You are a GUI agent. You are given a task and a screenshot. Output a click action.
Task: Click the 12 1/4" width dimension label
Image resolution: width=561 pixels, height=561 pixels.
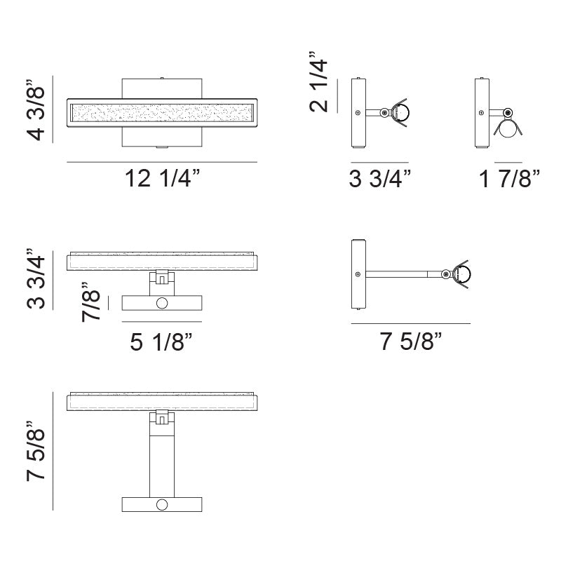click(x=162, y=178)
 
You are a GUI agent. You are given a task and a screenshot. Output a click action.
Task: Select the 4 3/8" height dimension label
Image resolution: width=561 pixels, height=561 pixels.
click(x=36, y=113)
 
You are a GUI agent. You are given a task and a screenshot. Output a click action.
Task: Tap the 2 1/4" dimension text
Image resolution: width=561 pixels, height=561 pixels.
click(x=318, y=81)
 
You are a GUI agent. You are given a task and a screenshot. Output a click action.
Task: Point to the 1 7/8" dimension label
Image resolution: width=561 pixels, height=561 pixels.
click(x=509, y=178)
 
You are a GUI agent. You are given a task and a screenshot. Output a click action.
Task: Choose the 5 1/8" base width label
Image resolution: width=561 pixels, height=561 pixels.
click(x=161, y=342)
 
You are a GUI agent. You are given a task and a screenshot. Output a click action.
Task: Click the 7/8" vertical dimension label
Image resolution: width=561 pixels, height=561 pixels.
click(x=91, y=302)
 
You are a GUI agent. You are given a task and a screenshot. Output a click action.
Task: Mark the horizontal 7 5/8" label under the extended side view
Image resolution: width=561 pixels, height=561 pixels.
click(x=411, y=341)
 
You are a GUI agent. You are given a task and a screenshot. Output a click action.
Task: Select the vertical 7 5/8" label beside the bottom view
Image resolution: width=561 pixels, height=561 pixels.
click(x=36, y=450)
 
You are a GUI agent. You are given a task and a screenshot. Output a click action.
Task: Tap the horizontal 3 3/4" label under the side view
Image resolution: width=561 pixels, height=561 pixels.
click(x=380, y=178)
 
